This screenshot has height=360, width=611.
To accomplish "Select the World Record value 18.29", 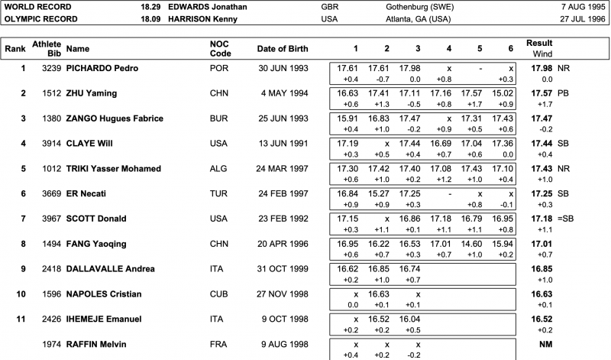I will coord(150,5).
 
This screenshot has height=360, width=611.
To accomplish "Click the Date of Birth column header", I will coord(283,49).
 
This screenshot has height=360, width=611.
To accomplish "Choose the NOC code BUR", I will coord(218,118).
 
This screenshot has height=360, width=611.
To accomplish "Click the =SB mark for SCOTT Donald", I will coord(565,219).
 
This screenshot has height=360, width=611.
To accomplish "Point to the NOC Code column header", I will coord(220,49).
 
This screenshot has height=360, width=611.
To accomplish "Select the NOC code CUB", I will coord(218,293).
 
